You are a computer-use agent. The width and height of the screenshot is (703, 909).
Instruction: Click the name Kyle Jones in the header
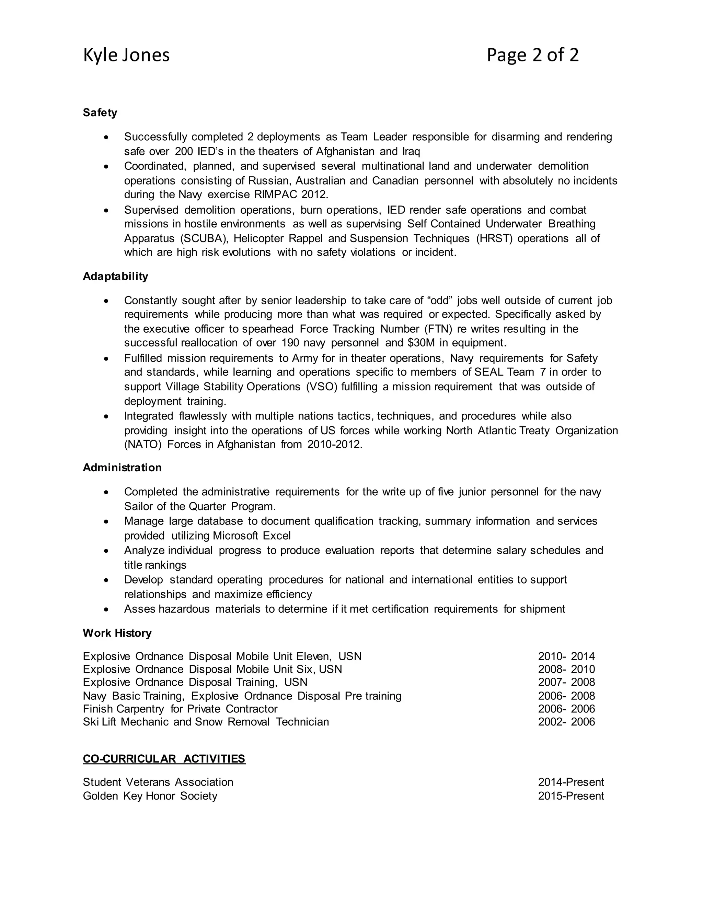(x=126, y=55)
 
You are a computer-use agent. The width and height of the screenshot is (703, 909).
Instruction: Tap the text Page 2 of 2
(x=532, y=55)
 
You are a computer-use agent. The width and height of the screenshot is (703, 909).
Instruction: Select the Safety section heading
(x=100, y=113)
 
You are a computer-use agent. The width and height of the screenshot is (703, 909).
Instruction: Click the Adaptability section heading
(x=115, y=276)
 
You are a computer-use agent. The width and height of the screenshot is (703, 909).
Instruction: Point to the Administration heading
(x=122, y=468)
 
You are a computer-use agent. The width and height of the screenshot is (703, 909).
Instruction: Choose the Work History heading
(x=117, y=633)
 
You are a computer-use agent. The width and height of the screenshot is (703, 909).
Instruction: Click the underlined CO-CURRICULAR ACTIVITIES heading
(x=164, y=759)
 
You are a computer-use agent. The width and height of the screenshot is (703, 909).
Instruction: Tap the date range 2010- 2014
(x=566, y=656)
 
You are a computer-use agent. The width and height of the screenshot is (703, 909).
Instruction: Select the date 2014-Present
(x=571, y=782)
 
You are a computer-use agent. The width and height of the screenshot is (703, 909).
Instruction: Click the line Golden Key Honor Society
(x=150, y=796)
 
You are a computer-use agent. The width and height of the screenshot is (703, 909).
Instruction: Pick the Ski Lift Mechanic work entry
(x=206, y=722)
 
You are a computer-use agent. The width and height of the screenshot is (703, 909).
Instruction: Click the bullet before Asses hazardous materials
(x=107, y=609)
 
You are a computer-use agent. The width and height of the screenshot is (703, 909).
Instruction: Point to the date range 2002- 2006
(x=566, y=722)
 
